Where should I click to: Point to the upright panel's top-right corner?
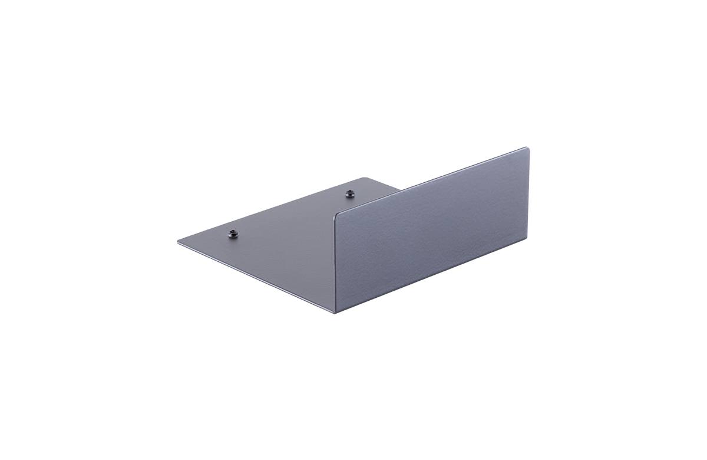pyautogui.click(x=528, y=149)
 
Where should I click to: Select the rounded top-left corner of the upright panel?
pyautogui.click(x=337, y=213)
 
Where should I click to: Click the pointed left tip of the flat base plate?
pyautogui.click(x=179, y=241)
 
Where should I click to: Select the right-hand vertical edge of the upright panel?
pyautogui.click(x=529, y=195)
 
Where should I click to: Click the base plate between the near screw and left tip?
pyautogui.click(x=206, y=238)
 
